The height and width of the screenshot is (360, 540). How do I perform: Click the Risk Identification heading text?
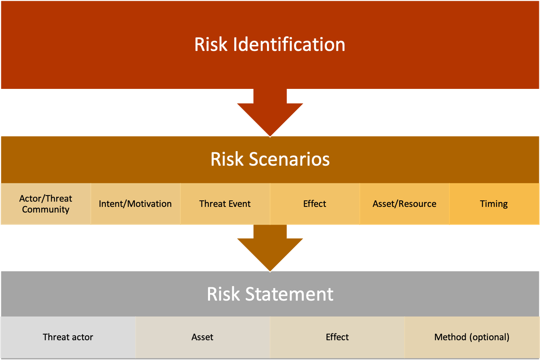click(x=270, y=44)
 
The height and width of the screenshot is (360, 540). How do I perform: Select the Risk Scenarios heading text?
click(x=270, y=159)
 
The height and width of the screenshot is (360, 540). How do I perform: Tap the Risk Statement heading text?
click(x=270, y=294)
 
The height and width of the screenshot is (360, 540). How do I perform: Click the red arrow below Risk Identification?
click(x=270, y=113)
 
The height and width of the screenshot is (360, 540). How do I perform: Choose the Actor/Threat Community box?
click(x=46, y=204)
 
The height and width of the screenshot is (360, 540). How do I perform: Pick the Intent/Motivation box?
click(x=135, y=204)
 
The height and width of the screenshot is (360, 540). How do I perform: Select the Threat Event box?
click(x=225, y=204)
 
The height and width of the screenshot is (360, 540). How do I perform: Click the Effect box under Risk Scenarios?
click(x=315, y=204)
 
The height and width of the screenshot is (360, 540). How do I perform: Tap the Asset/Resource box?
click(x=404, y=204)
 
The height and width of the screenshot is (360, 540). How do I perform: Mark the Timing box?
click(x=494, y=204)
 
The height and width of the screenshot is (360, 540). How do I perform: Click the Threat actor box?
click(x=68, y=337)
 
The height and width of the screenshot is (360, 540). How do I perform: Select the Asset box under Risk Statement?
click(x=202, y=337)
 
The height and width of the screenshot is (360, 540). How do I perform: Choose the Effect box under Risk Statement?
click(x=337, y=337)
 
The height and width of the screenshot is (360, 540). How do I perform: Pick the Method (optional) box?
click(x=472, y=337)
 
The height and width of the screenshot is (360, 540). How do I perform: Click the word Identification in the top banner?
click(x=289, y=44)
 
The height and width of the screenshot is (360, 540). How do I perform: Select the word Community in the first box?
click(x=46, y=210)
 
